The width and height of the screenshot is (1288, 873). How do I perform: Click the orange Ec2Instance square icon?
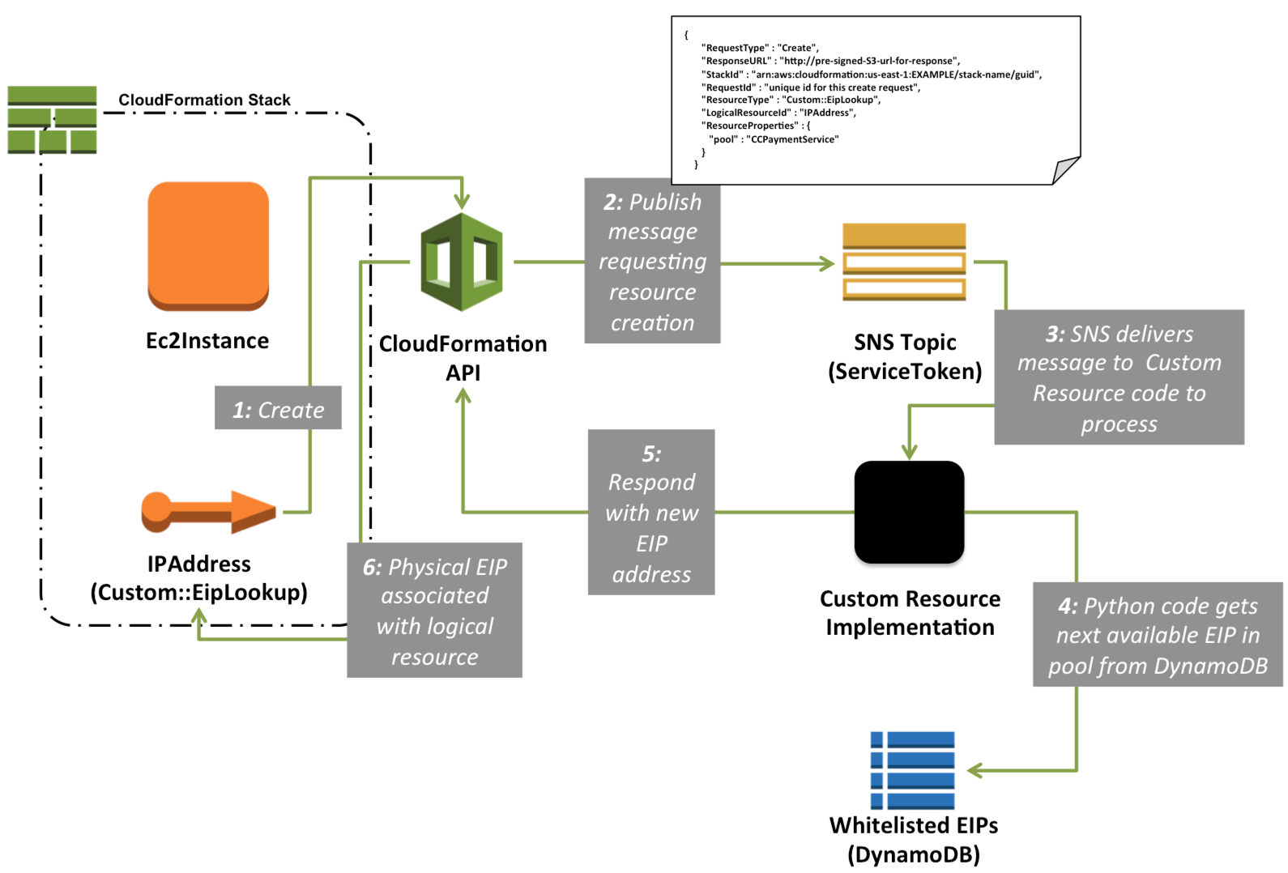tap(208, 245)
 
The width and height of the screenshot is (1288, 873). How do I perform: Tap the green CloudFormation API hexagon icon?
tap(462, 262)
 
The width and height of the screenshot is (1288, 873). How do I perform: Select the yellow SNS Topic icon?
tap(904, 262)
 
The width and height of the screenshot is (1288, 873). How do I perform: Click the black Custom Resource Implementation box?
tap(909, 512)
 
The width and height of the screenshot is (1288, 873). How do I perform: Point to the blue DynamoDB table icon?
tap(912, 770)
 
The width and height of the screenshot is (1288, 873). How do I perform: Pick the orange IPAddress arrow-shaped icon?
tap(209, 512)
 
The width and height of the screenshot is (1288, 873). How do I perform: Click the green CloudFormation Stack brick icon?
tap(52, 120)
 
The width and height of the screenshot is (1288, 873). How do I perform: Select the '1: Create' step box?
tap(278, 408)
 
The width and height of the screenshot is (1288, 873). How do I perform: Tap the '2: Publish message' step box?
tap(652, 262)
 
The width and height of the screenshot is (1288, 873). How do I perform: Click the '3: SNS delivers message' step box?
tap(1119, 377)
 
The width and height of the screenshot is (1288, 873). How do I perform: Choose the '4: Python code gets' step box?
tap(1158, 635)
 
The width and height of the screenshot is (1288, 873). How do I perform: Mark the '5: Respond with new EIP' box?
tap(651, 513)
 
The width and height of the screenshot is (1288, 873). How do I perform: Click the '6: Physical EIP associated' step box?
tap(435, 611)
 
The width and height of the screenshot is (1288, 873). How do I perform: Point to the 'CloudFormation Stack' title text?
tap(204, 100)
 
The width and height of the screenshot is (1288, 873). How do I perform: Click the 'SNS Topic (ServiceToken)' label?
tap(905, 356)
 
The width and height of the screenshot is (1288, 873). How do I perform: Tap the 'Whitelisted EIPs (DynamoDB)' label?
tap(914, 840)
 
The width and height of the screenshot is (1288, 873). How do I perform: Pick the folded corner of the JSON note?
tap(1066, 171)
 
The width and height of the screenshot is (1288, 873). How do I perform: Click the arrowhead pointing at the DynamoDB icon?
tap(975, 770)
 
